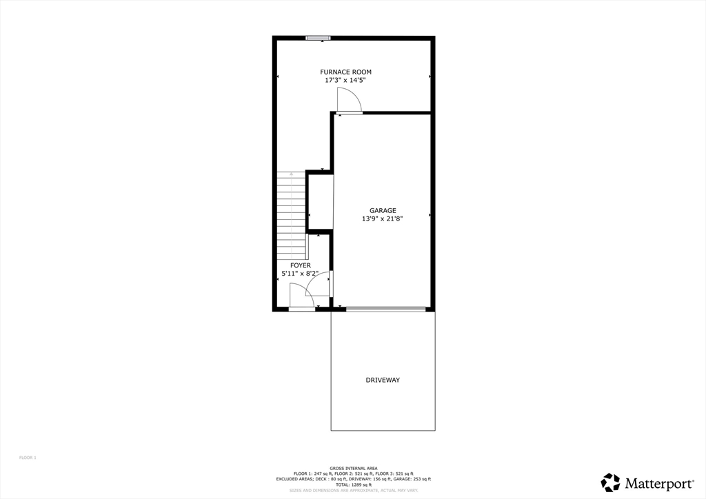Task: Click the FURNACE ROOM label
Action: click(345, 72)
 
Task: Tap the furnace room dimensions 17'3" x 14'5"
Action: click(345, 80)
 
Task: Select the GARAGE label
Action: click(383, 211)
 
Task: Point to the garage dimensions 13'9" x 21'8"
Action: click(383, 219)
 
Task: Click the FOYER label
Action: click(300, 265)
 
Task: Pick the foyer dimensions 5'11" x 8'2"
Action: click(300, 274)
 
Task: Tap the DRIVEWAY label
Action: click(383, 380)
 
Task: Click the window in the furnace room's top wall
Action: click(318, 38)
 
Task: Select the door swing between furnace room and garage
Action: click(350, 102)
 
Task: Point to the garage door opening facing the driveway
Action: click(385, 309)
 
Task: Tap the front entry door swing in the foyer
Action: click(301, 297)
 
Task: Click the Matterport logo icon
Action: click(610, 482)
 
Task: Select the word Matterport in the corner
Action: click(650, 482)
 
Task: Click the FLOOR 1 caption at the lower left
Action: click(27, 458)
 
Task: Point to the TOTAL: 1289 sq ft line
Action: click(353, 485)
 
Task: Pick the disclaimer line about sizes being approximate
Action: click(353, 491)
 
